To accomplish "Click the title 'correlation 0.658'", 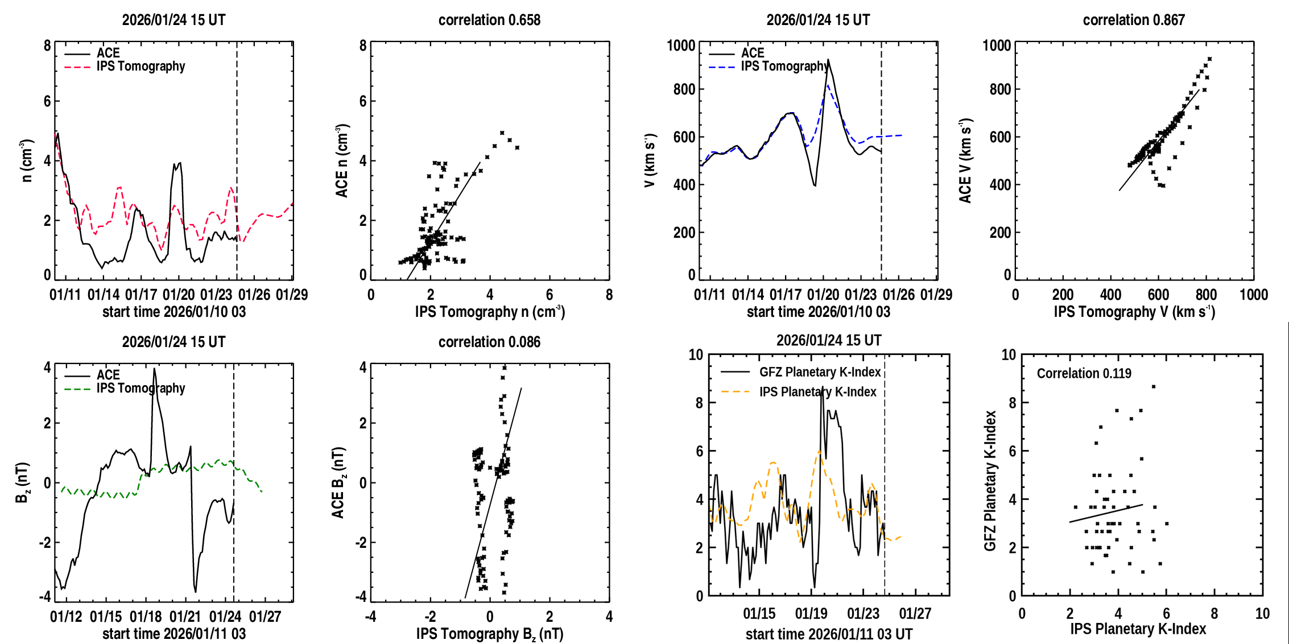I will click(489, 20).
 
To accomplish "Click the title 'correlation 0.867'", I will click(1133, 20).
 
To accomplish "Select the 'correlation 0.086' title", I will click(489, 342).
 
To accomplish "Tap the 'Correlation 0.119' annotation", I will click(1084, 373).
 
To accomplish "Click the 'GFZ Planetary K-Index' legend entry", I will click(820, 372).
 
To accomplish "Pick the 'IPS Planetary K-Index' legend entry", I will click(817, 392).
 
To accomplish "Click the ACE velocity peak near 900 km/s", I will click(828, 60).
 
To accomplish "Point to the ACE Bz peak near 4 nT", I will click(154, 369).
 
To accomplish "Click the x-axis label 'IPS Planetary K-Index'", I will click(1138, 629).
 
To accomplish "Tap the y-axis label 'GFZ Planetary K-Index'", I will click(990, 481).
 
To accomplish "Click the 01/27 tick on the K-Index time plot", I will click(915, 614).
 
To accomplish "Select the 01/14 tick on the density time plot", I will click(104, 295).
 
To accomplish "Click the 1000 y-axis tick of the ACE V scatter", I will click(997, 46).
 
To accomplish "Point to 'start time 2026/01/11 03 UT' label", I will click(829, 634).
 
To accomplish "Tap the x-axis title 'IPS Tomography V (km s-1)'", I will click(1134, 312).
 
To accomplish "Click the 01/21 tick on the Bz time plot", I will click(185, 617).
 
